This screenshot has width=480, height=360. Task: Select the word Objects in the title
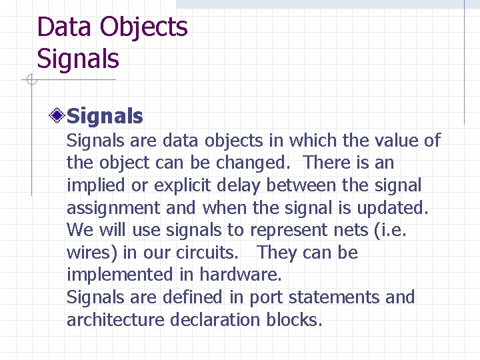143,28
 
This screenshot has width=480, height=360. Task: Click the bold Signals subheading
105,117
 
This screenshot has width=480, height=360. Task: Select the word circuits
209,253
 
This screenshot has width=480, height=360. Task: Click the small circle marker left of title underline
30,81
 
